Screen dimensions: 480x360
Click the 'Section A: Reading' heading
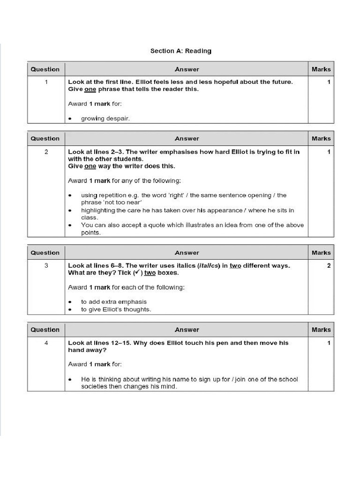pos(180,51)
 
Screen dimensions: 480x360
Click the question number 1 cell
pos(46,82)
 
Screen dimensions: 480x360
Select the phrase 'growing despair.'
pos(105,119)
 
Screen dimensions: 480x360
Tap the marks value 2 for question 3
pos(329,266)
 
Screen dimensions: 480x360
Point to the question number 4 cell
pos(46,343)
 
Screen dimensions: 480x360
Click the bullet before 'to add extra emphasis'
pos(70,302)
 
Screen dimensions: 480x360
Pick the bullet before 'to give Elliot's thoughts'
pos(70,309)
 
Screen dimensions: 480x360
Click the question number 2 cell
pos(46,152)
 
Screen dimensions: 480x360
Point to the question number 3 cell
pos(46,266)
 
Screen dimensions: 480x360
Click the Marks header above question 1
pos(321,69)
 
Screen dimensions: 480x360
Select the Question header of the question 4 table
pos(45,330)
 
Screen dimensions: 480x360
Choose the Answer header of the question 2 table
pos(187,139)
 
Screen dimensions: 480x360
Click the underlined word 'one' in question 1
pos(90,89)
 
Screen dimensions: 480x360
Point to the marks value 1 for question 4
pos(329,343)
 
